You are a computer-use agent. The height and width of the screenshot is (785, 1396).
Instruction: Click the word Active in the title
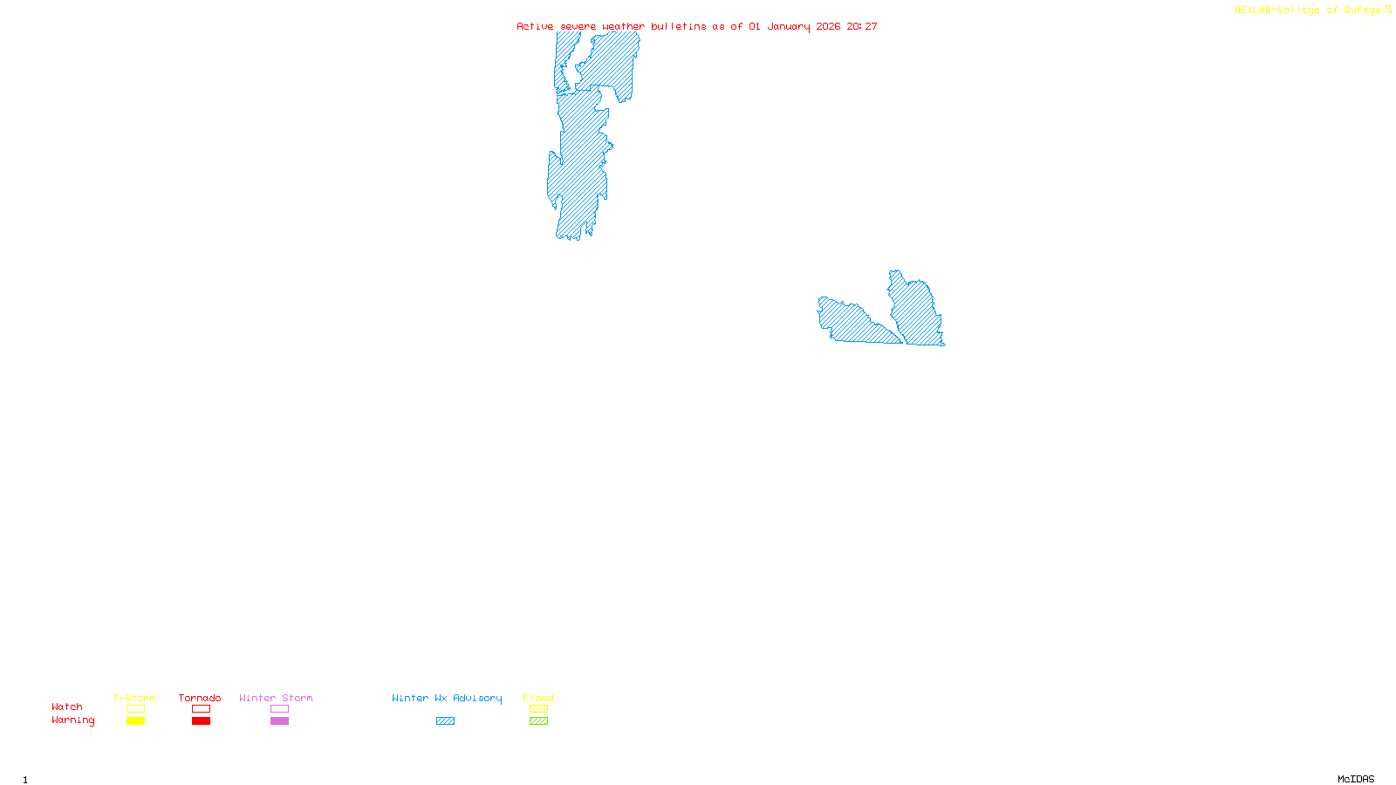(534, 26)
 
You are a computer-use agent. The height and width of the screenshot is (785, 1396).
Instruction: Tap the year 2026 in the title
(828, 26)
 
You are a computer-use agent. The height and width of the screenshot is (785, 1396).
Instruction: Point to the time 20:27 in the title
(862, 26)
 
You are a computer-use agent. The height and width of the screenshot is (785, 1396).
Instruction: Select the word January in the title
(788, 26)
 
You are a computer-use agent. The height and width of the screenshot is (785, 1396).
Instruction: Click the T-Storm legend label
(134, 698)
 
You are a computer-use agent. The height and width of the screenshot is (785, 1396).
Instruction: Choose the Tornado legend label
(200, 698)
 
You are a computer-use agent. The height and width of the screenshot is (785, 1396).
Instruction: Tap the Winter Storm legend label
(276, 698)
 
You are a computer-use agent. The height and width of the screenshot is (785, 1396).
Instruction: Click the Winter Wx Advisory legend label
(447, 698)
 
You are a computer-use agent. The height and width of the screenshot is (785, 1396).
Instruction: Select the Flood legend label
(538, 698)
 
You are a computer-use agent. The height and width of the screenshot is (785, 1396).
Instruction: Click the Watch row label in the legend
(67, 706)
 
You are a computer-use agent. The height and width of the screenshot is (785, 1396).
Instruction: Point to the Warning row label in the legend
(72, 720)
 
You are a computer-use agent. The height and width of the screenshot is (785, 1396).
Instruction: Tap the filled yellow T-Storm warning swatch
(135, 721)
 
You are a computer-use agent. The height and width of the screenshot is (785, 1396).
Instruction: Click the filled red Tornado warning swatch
(201, 721)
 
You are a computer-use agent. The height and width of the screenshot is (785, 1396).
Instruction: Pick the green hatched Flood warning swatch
(538, 721)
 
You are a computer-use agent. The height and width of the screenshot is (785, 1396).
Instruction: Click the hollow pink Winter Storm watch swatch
(279, 709)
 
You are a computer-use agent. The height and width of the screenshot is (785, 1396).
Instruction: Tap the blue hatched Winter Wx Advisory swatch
(445, 721)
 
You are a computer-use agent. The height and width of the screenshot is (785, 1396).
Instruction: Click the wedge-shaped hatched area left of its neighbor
(851, 321)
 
